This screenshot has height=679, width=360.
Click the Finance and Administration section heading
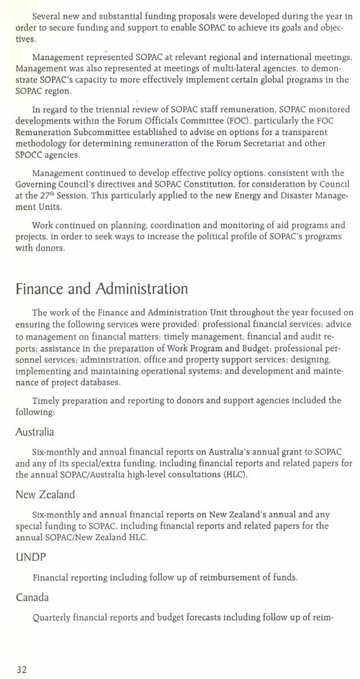tap(101, 289)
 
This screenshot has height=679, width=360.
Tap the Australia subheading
tap(35, 432)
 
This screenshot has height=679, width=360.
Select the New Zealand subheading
tap(45, 495)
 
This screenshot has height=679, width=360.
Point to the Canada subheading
tap(32, 597)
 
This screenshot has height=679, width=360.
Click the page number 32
tap(21, 670)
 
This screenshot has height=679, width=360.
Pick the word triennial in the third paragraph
tap(115, 108)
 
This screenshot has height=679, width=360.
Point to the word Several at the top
tap(48, 16)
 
